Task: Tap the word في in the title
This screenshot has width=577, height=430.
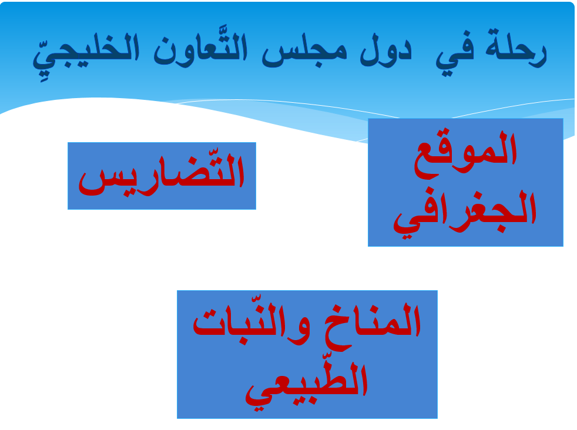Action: click(x=455, y=54)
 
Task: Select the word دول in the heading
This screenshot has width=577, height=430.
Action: click(x=385, y=50)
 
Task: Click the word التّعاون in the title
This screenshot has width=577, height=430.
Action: click(x=200, y=48)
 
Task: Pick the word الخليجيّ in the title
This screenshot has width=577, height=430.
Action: click(x=86, y=53)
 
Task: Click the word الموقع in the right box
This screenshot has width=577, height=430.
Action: click(x=466, y=154)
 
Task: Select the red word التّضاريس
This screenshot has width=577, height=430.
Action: click(x=162, y=174)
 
